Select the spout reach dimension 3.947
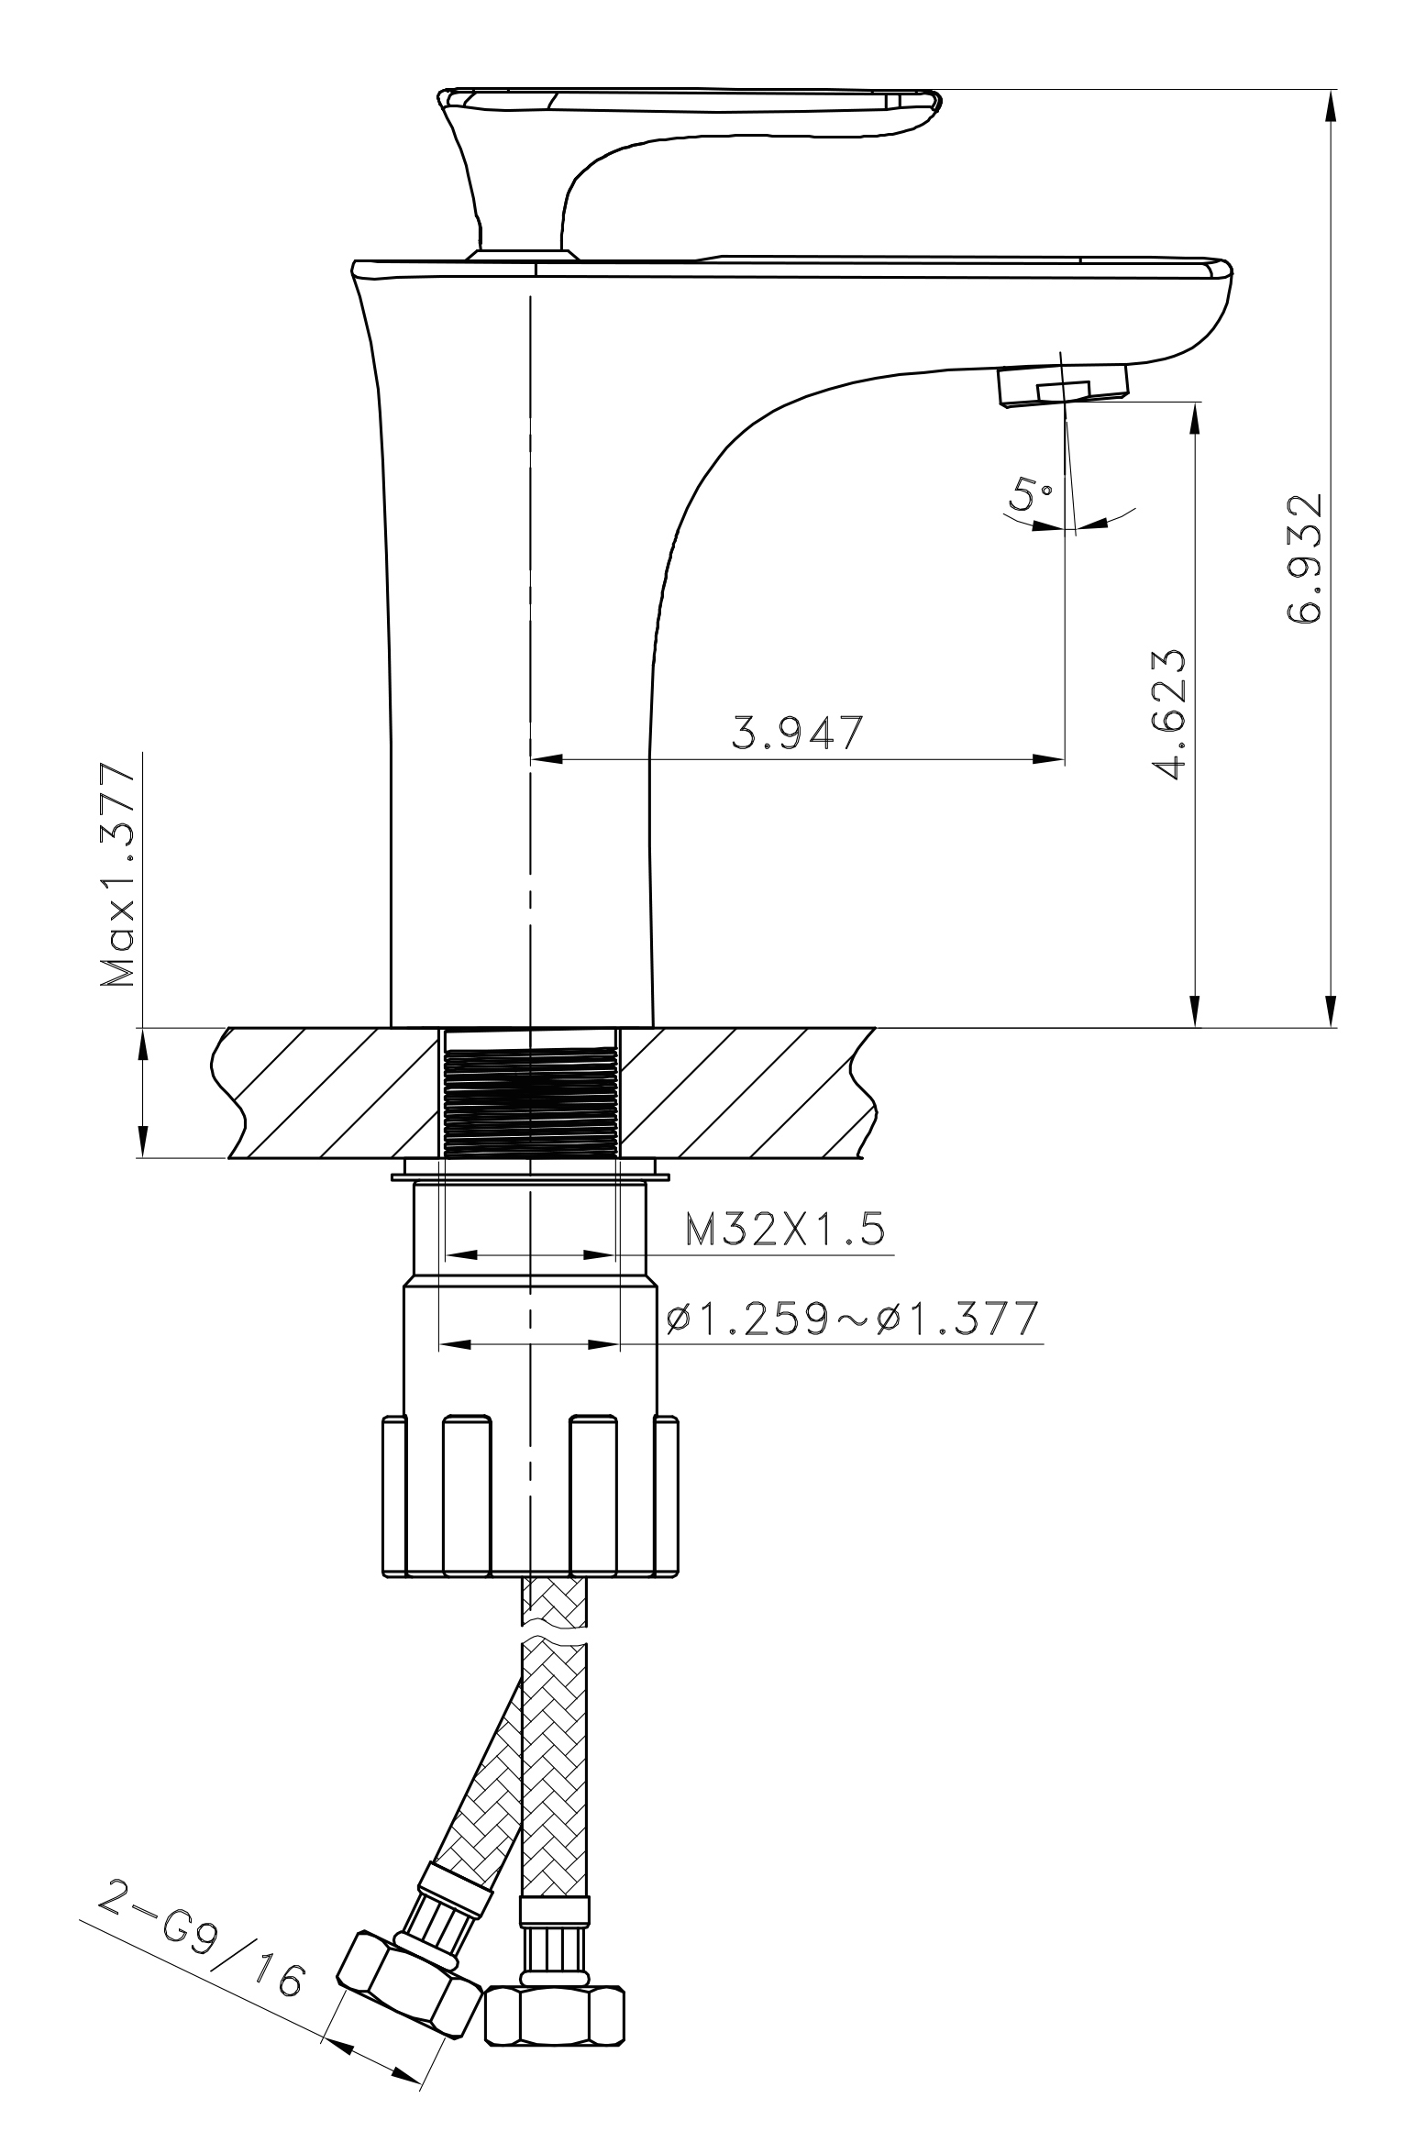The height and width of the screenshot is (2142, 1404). [797, 733]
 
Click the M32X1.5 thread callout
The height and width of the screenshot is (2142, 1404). [786, 1230]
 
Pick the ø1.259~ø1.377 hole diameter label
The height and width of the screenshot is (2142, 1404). [852, 1319]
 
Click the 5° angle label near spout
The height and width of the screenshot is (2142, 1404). [1031, 496]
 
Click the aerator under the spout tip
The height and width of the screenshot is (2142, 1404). [1061, 383]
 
